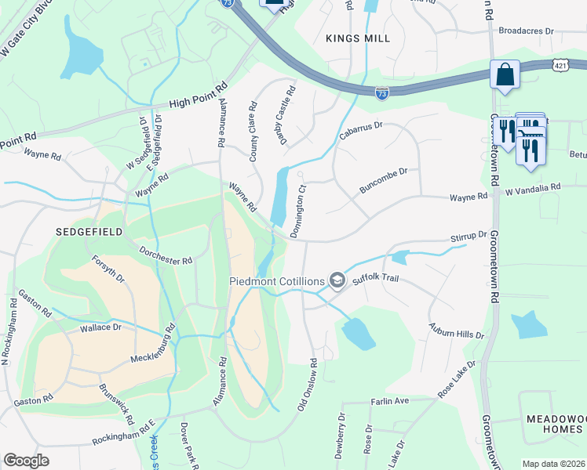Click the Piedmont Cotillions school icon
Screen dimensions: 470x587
click(x=337, y=280)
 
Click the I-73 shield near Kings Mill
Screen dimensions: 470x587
click(x=381, y=92)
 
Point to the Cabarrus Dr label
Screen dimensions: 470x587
click(x=360, y=131)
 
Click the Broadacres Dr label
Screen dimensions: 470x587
click(x=527, y=31)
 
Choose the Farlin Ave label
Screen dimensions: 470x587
click(x=390, y=401)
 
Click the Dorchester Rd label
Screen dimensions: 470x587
click(x=166, y=254)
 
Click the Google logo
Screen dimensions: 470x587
click(x=26, y=461)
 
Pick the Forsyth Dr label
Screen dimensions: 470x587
click(x=108, y=269)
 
